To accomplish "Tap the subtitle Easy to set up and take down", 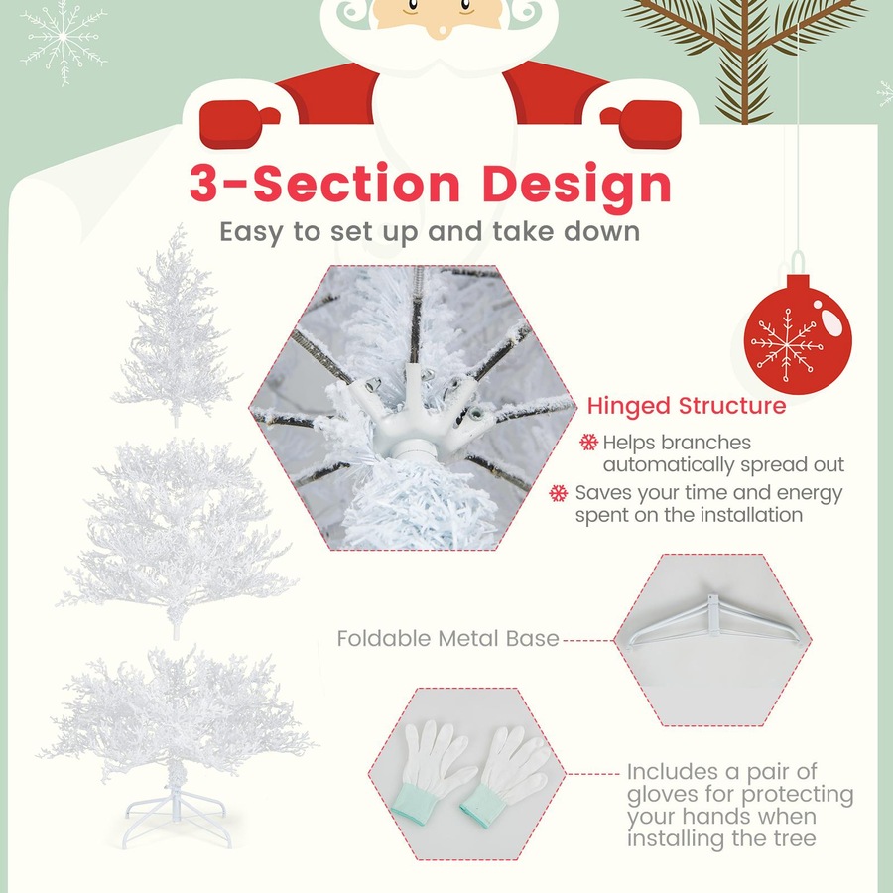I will tap(429, 232).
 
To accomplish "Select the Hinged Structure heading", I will tap(686, 406).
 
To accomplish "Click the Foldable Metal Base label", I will tap(448, 638).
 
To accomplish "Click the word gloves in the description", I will tap(663, 794).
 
